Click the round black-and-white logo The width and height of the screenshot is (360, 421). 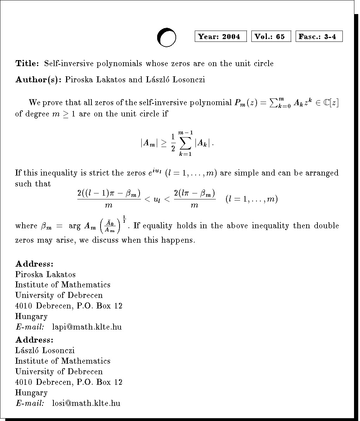point(166,37)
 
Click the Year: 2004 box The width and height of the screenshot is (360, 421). point(220,37)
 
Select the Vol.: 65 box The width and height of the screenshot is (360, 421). point(271,37)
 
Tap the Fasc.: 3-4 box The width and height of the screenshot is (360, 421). point(319,37)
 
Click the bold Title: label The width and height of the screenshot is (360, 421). point(27,64)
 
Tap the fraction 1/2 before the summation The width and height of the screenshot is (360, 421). point(173,143)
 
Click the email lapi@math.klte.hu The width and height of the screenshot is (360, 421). point(87,327)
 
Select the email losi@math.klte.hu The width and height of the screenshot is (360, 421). point(86,403)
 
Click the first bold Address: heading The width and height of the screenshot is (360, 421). point(34,264)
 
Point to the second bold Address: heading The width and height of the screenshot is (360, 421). point(34,340)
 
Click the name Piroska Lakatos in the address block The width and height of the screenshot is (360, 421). point(45,274)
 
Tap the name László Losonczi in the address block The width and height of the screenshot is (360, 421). point(45,350)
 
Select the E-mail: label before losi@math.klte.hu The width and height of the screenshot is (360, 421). point(30,403)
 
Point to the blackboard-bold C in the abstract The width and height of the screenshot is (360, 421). point(326,103)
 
